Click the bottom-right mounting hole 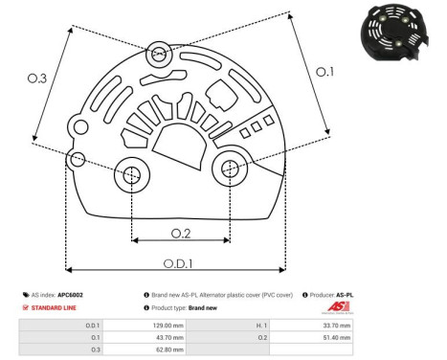[x=230, y=169]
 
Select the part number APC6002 [x=70, y=295]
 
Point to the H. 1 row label [x=262, y=326]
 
